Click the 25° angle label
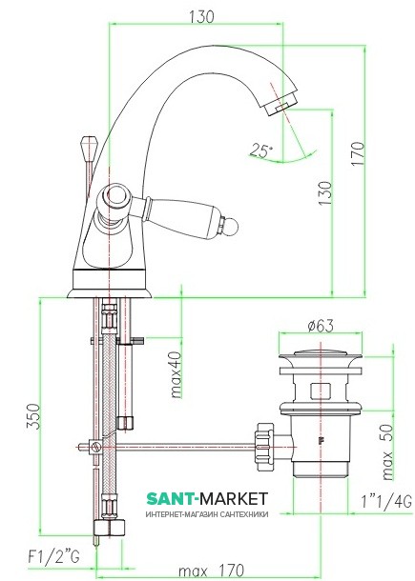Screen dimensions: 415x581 click(261, 150)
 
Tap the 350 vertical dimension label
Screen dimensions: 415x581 click(33, 416)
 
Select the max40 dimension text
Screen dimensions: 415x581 click(176, 374)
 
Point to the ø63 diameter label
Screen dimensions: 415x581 click(322, 326)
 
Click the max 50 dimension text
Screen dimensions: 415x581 click(387, 451)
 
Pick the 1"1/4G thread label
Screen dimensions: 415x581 click(386, 502)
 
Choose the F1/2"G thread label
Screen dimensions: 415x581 click(53, 556)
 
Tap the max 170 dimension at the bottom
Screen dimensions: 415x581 click(211, 571)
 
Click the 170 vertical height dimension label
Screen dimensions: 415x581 click(358, 153)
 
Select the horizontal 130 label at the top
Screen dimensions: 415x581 click(201, 17)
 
